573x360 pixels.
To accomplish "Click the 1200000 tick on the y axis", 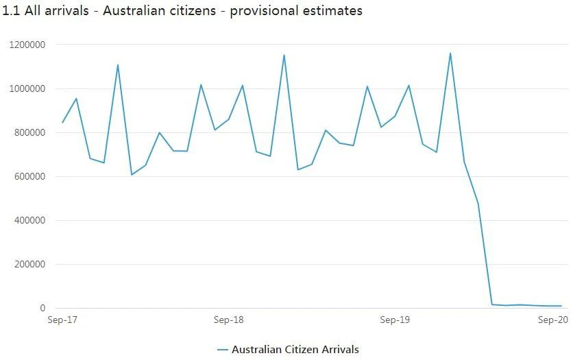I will [x=27, y=45].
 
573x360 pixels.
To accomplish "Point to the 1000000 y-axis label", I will [x=27, y=88].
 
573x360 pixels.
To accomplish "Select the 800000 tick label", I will [x=29, y=132].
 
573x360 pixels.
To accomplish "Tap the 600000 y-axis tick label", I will [x=29, y=176].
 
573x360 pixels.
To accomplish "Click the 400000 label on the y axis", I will [x=29, y=220].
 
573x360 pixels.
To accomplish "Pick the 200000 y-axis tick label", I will [x=29, y=264].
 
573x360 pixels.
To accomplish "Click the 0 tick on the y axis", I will [x=42, y=308].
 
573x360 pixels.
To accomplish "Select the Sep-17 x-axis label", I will [x=62, y=320].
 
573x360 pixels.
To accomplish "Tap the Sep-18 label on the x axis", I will [x=228, y=320].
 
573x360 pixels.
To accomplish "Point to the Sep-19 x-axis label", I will [x=395, y=320].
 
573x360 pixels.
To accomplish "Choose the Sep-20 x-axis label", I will [x=553, y=320].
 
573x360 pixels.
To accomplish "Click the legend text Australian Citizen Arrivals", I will [x=295, y=350].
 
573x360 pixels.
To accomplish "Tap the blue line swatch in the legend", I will [x=222, y=350].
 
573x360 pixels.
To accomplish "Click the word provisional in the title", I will [x=264, y=11].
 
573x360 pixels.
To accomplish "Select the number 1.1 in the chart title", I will [x=11, y=11].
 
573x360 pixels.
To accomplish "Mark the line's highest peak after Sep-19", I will [x=450, y=53].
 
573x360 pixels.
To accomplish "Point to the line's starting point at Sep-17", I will [x=62, y=123].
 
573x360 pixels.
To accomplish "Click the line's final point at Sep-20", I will [x=561, y=306].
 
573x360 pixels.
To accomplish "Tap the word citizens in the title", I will [x=195, y=11].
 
